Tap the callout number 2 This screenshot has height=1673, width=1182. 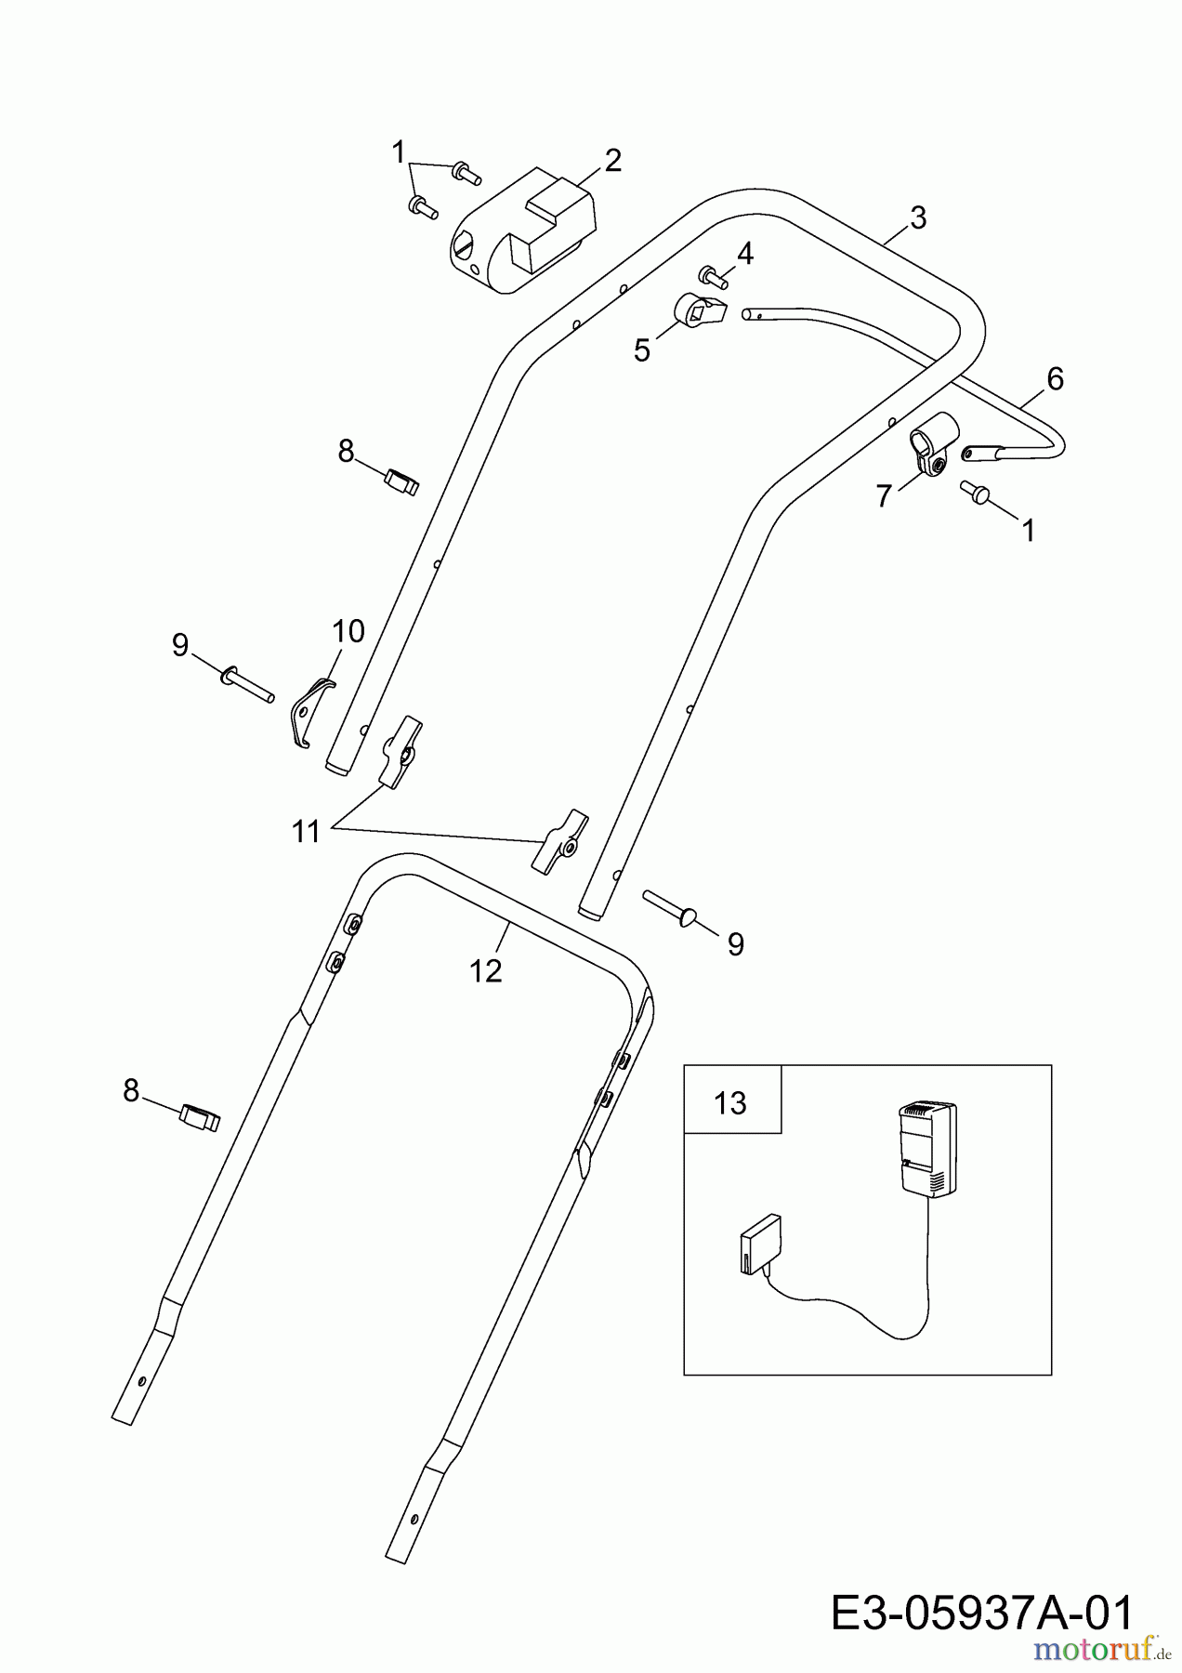click(612, 161)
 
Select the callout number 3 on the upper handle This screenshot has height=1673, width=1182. click(917, 218)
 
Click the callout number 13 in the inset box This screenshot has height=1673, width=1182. click(730, 1102)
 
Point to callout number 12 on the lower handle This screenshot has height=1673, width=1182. click(486, 970)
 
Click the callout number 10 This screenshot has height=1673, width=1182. click(348, 631)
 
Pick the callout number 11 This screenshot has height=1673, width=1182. click(306, 831)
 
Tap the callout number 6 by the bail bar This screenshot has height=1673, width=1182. click(1054, 378)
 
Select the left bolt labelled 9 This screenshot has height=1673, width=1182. click(246, 683)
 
